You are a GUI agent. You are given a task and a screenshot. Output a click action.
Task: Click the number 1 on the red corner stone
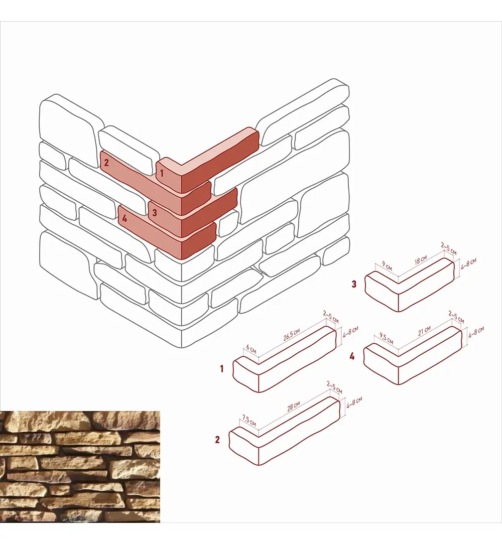(162, 173)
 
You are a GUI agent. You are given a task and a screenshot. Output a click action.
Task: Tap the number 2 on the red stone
(106, 162)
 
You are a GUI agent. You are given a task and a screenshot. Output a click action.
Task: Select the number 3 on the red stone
(155, 212)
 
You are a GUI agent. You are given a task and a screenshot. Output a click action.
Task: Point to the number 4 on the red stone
(124, 218)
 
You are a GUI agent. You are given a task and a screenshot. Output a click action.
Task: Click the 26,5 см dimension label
(292, 335)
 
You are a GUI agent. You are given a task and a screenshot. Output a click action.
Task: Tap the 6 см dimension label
(251, 349)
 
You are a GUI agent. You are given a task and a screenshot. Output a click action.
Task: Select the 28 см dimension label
(294, 406)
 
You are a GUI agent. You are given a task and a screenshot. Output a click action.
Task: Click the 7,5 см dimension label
(249, 421)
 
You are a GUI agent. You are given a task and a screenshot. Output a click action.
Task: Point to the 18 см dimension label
(421, 260)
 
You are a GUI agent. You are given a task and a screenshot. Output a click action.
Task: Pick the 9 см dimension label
(387, 266)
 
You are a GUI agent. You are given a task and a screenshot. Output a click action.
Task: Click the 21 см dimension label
(424, 331)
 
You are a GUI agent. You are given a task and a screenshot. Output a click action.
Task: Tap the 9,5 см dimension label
(386, 338)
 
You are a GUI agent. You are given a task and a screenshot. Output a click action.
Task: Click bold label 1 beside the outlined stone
(222, 368)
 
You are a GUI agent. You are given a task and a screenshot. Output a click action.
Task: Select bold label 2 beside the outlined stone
(217, 440)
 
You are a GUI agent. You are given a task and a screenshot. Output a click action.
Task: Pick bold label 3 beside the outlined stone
(354, 284)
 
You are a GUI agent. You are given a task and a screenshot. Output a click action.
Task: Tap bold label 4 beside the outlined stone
(352, 356)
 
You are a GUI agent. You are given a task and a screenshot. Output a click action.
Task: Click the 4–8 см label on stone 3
(468, 264)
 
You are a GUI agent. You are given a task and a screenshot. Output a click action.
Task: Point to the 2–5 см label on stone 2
(334, 387)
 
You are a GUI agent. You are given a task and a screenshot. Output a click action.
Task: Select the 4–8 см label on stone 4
(476, 332)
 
